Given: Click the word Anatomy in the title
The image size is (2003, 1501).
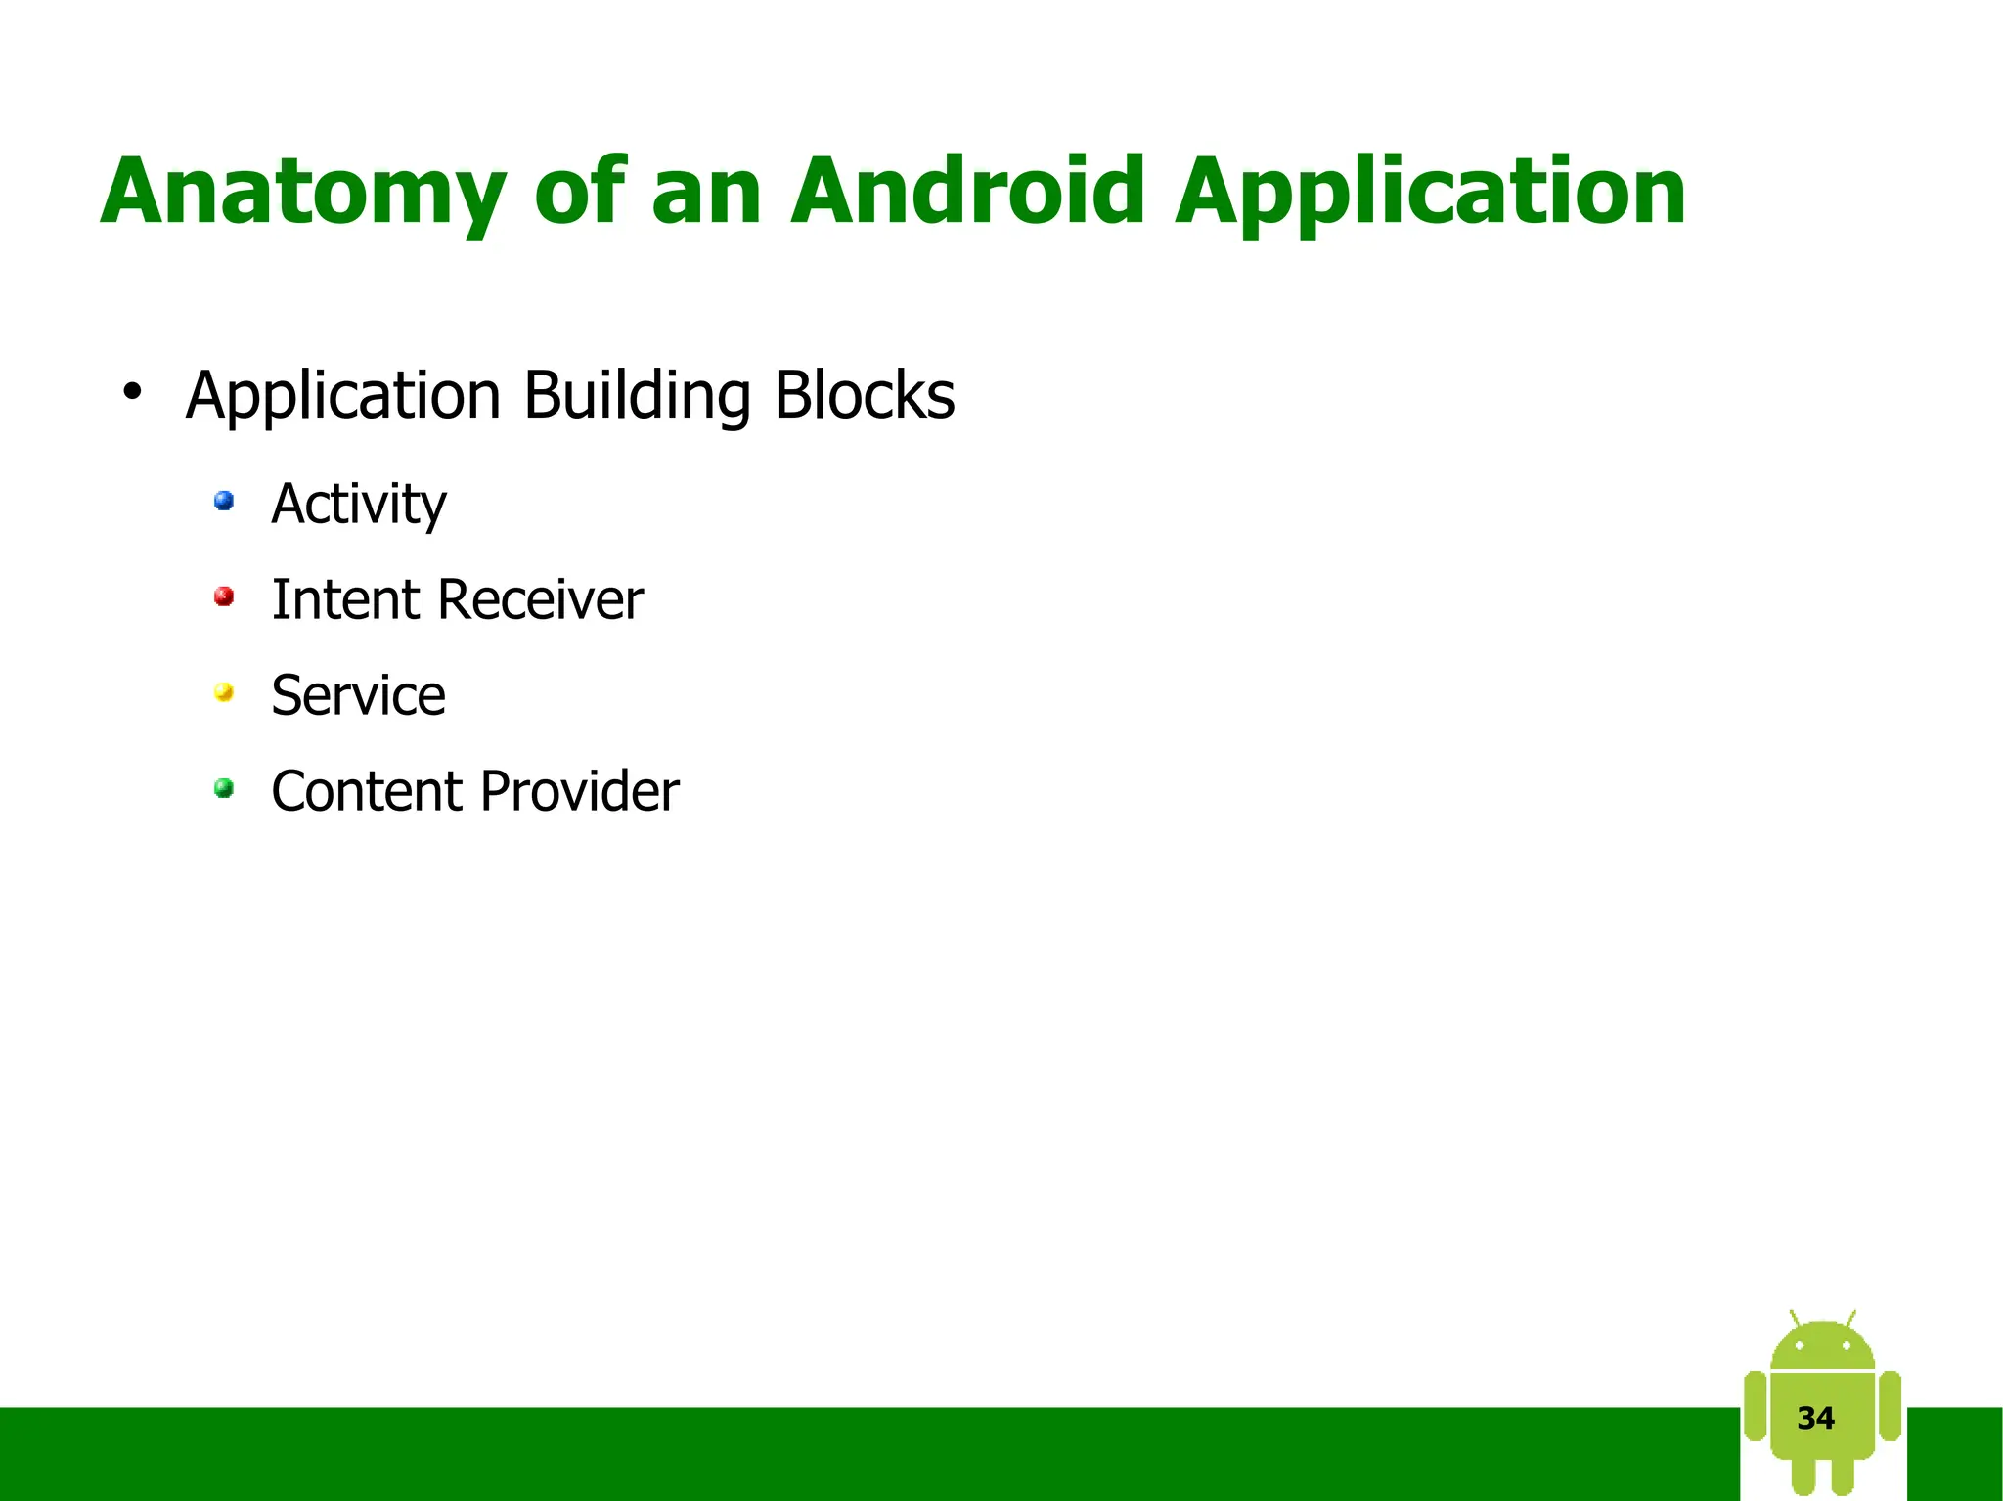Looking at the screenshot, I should point(303,192).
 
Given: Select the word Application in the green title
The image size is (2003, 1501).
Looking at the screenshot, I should point(1430,192).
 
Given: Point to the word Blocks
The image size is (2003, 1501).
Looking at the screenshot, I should point(865,395).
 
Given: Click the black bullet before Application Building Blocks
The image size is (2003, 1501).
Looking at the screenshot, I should point(132,392).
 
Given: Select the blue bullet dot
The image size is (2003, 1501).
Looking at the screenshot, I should point(224,502).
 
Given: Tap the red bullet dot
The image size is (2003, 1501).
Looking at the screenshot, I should point(224,596).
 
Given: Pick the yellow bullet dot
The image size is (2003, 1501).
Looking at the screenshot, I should point(224,693).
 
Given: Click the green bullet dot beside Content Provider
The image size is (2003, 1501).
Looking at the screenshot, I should point(224,788).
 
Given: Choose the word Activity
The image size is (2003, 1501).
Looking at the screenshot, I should point(359,505).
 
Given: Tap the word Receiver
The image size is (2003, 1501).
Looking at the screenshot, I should point(541,599).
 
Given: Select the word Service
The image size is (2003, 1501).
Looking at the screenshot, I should point(359,695).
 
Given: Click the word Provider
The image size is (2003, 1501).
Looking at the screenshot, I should point(580,791).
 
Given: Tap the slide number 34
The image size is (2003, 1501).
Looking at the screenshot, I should point(1816,1418).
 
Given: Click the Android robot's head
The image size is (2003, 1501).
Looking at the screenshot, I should point(1822,1345).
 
